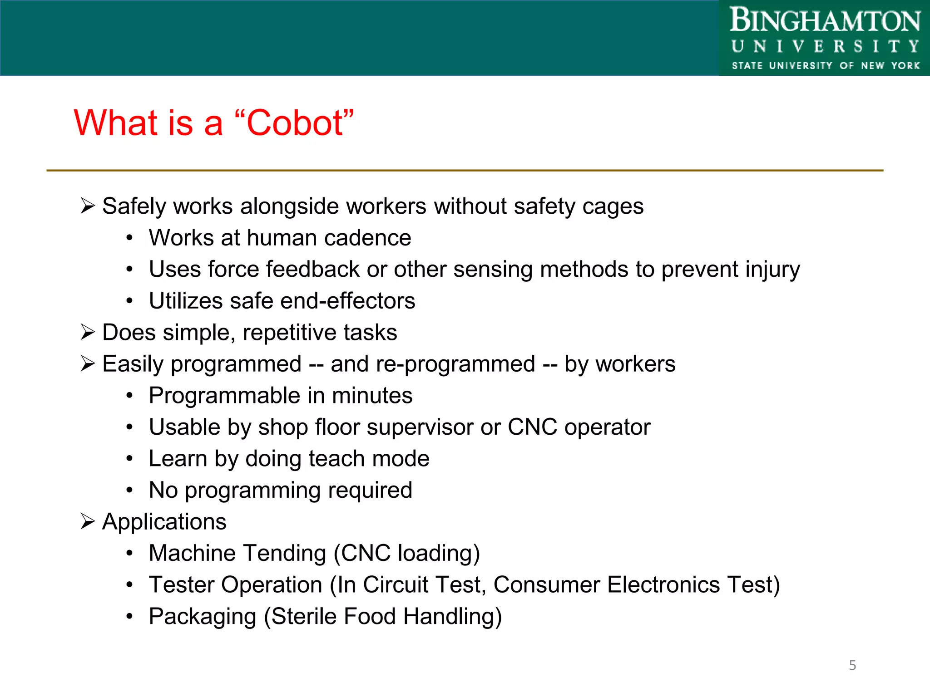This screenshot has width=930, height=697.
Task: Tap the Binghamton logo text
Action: coord(825,21)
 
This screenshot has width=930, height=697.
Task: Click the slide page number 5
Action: coord(852,665)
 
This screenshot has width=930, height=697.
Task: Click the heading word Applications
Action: coord(164,522)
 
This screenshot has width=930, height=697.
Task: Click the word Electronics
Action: coord(663,585)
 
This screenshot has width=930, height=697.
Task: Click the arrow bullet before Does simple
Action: coord(87,333)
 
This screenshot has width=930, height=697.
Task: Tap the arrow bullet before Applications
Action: coord(87,522)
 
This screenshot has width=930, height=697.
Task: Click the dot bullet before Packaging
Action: coord(130,617)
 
